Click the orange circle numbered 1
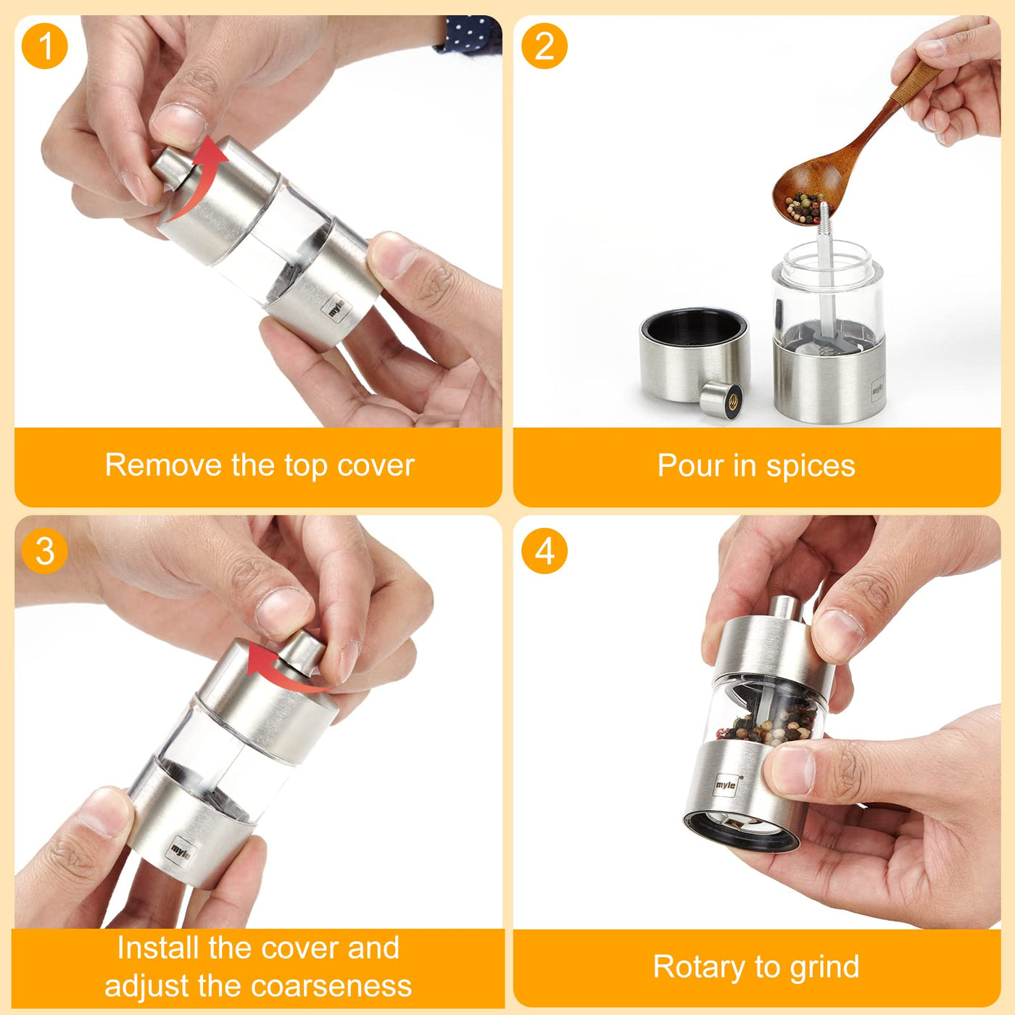(x=45, y=46)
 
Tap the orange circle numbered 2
(x=544, y=46)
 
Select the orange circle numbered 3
(x=45, y=552)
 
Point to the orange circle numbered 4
(x=544, y=552)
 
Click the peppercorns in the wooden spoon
(x=804, y=207)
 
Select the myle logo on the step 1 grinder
(x=336, y=309)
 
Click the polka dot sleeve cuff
(x=468, y=34)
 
